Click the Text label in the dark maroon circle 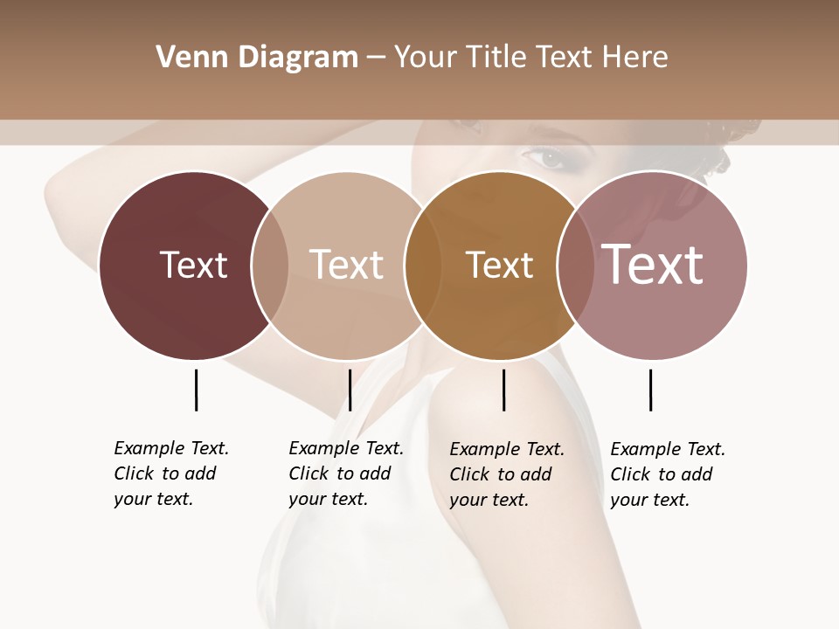tap(193, 265)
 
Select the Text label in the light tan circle tap(346, 265)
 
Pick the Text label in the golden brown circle tap(499, 265)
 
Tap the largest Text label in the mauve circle tap(653, 265)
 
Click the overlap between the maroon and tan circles tap(270, 266)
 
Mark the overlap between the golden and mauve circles tap(574, 266)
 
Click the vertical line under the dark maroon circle tap(196, 390)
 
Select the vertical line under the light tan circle tap(350, 390)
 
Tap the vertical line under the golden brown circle tap(503, 390)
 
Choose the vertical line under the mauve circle tap(650, 390)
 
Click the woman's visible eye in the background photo tap(548, 158)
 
